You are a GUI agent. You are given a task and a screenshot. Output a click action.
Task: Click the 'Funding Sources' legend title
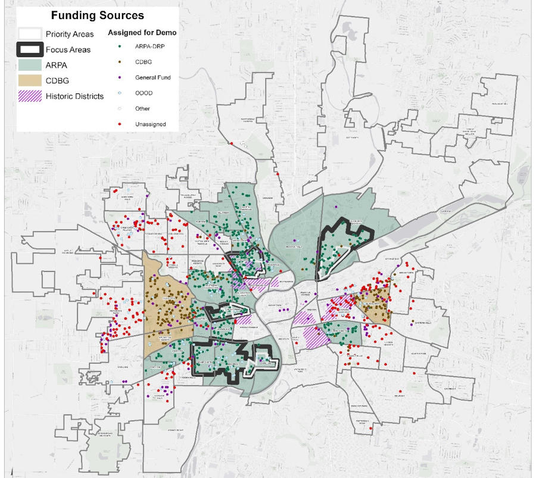(x=97, y=15)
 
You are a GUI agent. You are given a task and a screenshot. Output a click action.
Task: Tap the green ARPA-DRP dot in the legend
(x=120, y=46)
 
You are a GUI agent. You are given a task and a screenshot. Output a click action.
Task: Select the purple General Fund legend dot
(x=120, y=77)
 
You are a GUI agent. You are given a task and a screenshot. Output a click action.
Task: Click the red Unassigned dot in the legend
(x=120, y=124)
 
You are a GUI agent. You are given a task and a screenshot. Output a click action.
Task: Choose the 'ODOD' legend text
(x=142, y=93)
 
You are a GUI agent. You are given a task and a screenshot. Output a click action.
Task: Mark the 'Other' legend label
(x=142, y=108)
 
